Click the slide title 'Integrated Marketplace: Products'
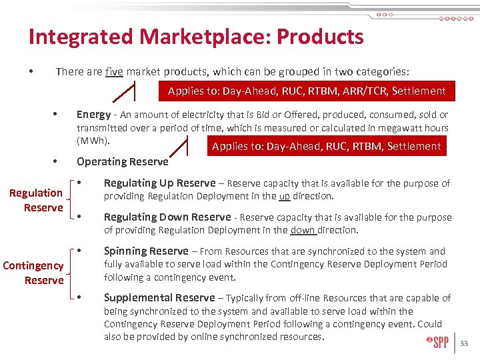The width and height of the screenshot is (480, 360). point(196,37)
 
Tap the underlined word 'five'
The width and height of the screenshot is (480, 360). point(114,71)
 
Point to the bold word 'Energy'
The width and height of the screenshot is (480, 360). point(93,115)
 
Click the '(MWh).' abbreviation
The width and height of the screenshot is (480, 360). point(93,141)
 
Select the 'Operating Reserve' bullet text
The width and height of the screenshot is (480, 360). point(123,161)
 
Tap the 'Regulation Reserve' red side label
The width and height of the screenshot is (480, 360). point(37,200)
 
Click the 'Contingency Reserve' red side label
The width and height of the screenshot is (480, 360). point(33,273)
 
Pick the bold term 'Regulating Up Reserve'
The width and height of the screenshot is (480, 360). point(160,183)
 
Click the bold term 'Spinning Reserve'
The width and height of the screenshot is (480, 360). point(146,251)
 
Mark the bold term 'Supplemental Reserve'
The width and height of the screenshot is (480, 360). point(159,298)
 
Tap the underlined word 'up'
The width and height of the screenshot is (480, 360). point(284,196)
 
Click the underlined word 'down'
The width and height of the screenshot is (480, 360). point(303,230)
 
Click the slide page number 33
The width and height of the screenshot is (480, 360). point(465,344)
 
